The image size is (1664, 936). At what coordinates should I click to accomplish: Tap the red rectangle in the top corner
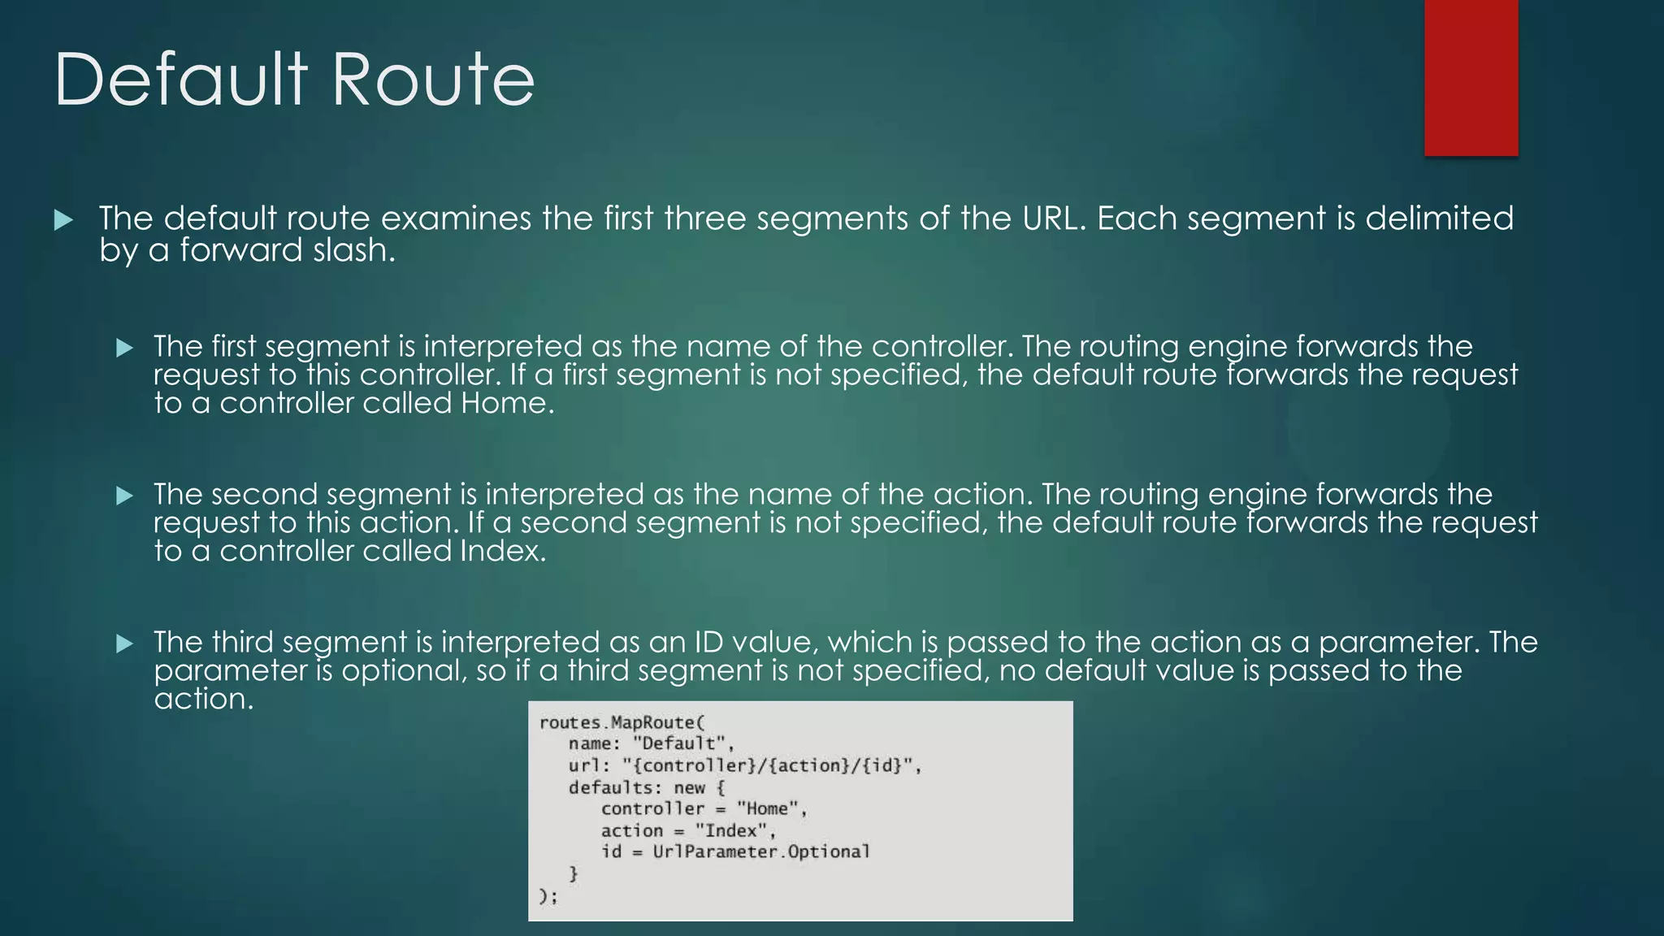click(x=1471, y=77)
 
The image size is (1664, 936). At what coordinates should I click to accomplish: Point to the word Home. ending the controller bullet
click(x=507, y=403)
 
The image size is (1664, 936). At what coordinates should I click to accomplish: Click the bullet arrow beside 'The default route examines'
click(x=63, y=219)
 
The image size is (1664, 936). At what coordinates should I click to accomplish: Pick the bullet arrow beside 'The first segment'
click(x=124, y=348)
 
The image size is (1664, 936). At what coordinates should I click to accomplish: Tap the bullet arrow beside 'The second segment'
click(x=124, y=496)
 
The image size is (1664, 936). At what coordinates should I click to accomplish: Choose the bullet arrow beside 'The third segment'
click(x=124, y=643)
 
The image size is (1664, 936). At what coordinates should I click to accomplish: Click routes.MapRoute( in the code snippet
click(x=622, y=722)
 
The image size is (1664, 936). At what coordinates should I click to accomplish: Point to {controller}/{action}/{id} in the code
click(x=768, y=765)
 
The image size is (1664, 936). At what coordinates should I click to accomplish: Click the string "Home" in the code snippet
click(x=769, y=808)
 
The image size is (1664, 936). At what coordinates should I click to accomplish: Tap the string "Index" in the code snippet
click(x=734, y=830)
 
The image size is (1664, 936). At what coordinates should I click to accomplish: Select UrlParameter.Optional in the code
click(x=760, y=851)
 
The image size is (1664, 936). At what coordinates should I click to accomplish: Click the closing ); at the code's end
click(x=548, y=896)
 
